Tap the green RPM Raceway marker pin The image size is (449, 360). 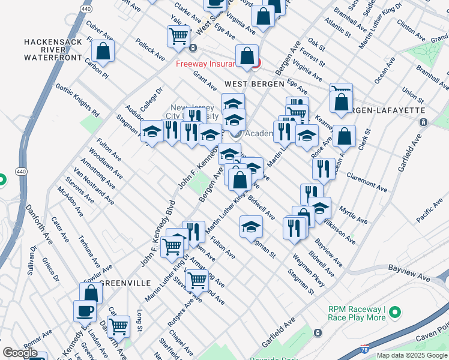[394, 313]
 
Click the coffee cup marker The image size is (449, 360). [85, 311]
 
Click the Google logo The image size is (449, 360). [20, 353]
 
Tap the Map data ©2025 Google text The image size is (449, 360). [412, 355]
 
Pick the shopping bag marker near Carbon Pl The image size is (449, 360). [103, 52]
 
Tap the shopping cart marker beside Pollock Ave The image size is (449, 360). [178, 36]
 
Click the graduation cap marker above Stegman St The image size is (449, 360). [251, 226]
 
